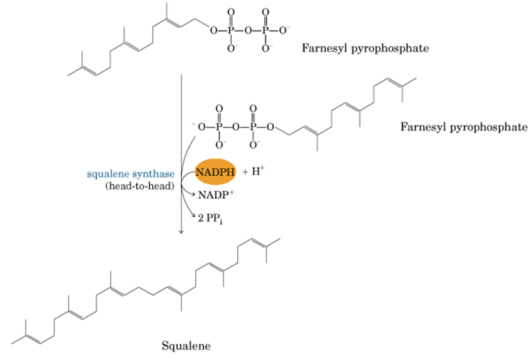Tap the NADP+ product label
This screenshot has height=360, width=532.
(212, 195)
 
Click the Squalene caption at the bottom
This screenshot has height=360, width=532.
(186, 345)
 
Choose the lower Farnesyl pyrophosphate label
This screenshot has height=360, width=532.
(463, 128)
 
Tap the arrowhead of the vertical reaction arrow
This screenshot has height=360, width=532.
(181, 232)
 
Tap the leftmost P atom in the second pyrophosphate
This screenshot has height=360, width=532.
(219, 127)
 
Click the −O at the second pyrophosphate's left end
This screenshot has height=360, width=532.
(200, 127)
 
